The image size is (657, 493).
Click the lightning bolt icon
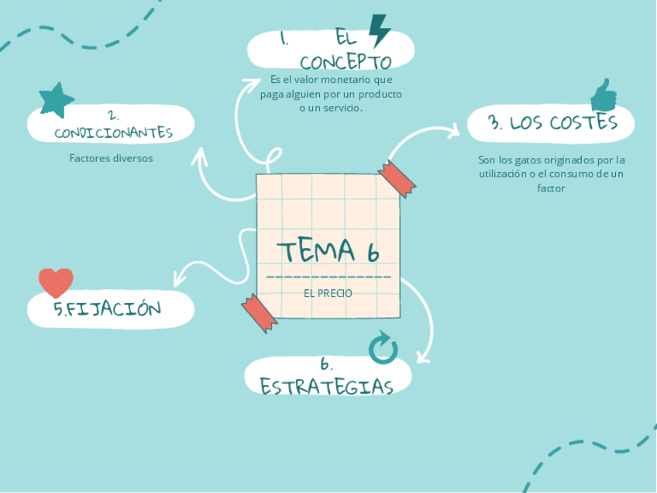coord(380,31)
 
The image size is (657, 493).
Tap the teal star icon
coord(57,100)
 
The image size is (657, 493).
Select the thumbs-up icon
coord(604,95)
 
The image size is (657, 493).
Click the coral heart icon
coord(56,283)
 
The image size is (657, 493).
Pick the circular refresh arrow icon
coord(383,349)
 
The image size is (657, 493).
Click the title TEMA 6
coord(328,251)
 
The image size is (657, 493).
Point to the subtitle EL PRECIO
coord(328,294)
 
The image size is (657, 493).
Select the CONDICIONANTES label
coord(113,133)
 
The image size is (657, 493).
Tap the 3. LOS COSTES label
coord(553,122)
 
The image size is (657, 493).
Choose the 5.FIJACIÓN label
coord(108,309)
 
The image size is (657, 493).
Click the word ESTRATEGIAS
coord(327,386)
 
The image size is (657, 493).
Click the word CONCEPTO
coord(346,62)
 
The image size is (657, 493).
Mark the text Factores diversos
coord(112,158)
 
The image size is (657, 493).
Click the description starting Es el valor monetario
coord(331,94)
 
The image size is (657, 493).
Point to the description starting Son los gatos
coord(552,174)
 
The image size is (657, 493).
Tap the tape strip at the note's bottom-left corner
coord(259,313)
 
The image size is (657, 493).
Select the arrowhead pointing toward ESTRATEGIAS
coord(422,357)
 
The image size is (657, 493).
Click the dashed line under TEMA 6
coord(328,277)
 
